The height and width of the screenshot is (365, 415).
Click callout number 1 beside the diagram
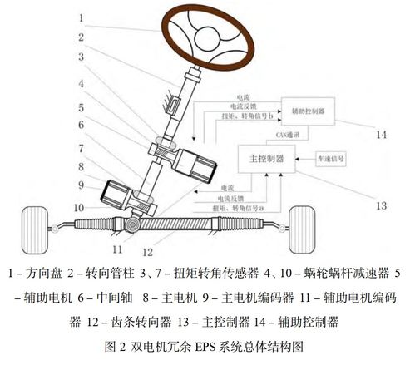[x=80, y=16]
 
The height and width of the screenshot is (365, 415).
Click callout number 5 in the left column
[x=80, y=108]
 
